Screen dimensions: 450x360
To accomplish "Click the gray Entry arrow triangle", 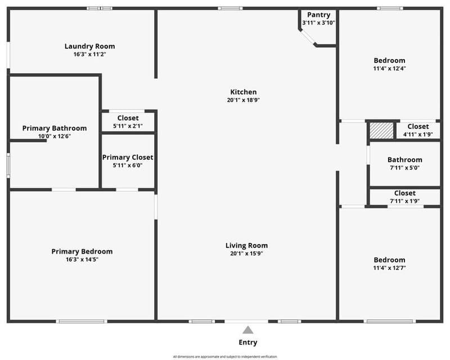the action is coord(247,330).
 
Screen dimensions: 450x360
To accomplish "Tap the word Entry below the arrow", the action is coord(248,342).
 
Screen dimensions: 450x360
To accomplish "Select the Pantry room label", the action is coord(318,15).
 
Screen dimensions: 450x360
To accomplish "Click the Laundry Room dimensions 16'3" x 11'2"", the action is coord(90,54).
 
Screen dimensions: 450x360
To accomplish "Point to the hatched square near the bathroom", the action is coord(381,130).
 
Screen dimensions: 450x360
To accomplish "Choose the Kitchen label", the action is coord(244,92).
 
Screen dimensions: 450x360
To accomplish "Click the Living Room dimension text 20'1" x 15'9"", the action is coord(246,254).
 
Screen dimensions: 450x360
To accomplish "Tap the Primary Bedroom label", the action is coord(82,251).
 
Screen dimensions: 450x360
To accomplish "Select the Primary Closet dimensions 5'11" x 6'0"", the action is coord(128,165).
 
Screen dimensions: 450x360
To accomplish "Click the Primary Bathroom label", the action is coord(55,128).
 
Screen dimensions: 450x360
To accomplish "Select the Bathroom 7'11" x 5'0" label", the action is coord(404,160).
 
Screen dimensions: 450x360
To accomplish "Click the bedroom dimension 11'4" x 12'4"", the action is coord(389,69).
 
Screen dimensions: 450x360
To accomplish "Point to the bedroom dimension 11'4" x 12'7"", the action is coord(389,268).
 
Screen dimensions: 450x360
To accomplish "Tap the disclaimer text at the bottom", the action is coord(225,357).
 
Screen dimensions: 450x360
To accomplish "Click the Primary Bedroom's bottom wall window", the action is coord(82,321).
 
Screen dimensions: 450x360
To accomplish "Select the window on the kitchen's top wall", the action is coord(230,8).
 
